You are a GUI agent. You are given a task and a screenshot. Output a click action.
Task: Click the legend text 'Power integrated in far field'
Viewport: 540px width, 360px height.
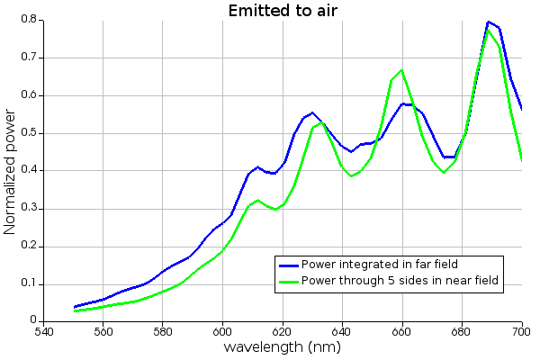pyautogui.click(x=380, y=265)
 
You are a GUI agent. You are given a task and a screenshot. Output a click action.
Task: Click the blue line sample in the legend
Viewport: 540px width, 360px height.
pyautogui.click(x=288, y=265)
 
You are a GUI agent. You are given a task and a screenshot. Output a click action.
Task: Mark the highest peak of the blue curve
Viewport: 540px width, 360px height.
pyautogui.click(x=489, y=22)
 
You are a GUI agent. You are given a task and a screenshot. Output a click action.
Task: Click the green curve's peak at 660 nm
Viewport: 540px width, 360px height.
pyautogui.click(x=401, y=70)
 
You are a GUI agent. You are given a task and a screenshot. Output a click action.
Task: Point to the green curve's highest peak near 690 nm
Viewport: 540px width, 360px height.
pyautogui.click(x=489, y=31)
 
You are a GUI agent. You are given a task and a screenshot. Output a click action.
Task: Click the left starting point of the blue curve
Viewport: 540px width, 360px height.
pyautogui.click(x=74, y=307)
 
